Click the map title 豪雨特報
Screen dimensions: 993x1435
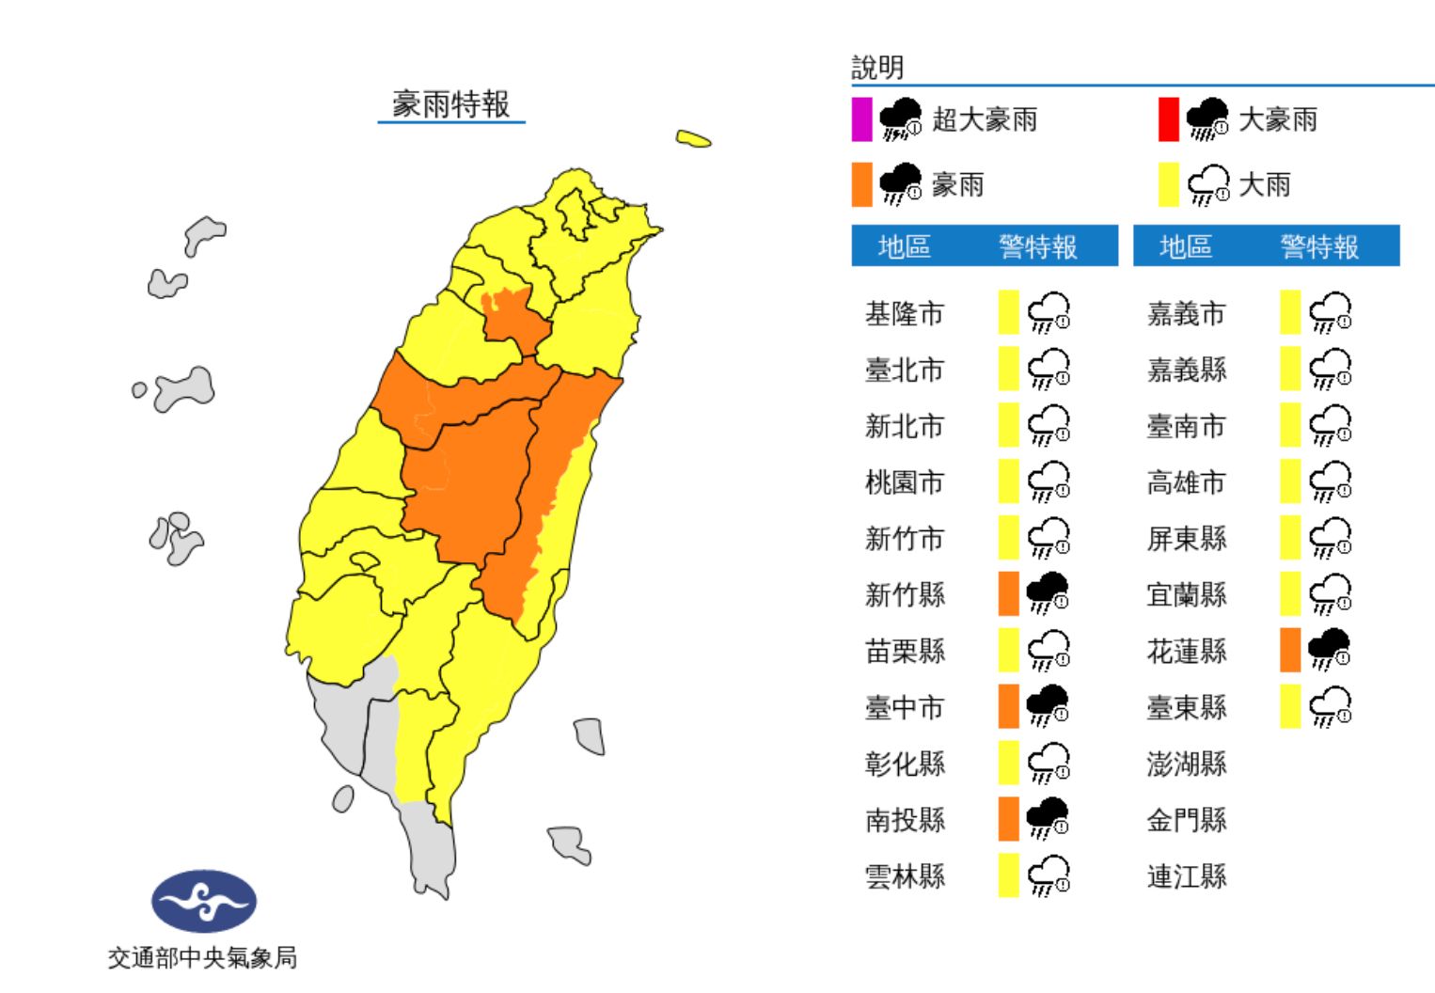(x=450, y=103)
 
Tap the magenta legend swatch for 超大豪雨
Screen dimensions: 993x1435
(x=861, y=119)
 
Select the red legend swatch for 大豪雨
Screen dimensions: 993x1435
(x=1168, y=119)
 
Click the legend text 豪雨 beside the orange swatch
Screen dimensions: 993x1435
(x=957, y=184)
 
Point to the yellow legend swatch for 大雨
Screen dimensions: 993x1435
(x=1168, y=184)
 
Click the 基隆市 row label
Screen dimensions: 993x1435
(x=904, y=313)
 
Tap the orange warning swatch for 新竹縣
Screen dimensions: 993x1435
(x=1008, y=593)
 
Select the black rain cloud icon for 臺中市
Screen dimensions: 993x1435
(x=1048, y=705)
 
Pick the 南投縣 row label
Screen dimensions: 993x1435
(x=904, y=820)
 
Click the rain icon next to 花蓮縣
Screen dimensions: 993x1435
(x=1329, y=650)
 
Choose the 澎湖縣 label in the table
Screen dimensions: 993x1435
(x=1186, y=764)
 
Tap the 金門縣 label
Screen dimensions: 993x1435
(x=1186, y=820)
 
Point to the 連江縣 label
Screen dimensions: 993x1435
(x=1186, y=876)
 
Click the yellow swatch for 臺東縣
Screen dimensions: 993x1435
(x=1289, y=706)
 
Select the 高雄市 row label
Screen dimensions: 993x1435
(x=1186, y=482)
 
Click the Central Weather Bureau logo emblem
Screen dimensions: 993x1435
(x=204, y=901)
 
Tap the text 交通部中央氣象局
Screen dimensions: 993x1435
(x=202, y=957)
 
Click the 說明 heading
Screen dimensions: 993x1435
(x=877, y=68)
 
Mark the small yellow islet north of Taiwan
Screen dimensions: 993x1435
(x=693, y=139)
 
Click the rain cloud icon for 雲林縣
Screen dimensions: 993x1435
(x=1048, y=875)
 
